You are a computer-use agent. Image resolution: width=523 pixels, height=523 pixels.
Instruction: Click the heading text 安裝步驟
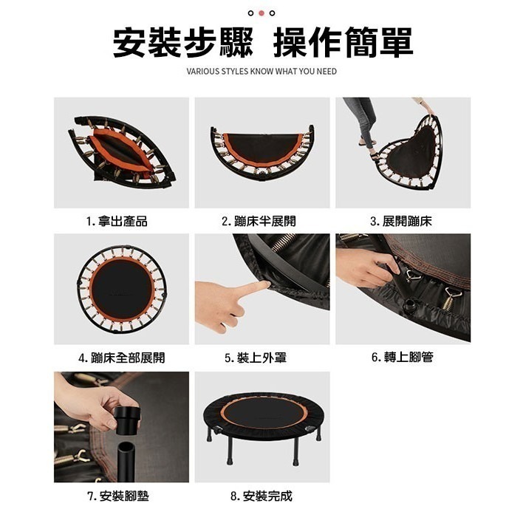tap(182, 43)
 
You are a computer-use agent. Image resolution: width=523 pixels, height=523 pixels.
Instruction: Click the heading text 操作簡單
tap(343, 43)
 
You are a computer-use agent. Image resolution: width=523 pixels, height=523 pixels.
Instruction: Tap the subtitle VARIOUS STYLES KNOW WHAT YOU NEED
tap(261, 72)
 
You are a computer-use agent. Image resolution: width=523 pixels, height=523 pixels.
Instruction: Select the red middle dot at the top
tap(261, 13)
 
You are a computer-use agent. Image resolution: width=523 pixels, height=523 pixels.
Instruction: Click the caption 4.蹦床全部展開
tap(121, 358)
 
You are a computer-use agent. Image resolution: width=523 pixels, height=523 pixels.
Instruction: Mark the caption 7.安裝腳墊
tap(118, 496)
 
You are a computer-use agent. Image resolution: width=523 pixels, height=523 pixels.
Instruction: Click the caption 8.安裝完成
tap(261, 496)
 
